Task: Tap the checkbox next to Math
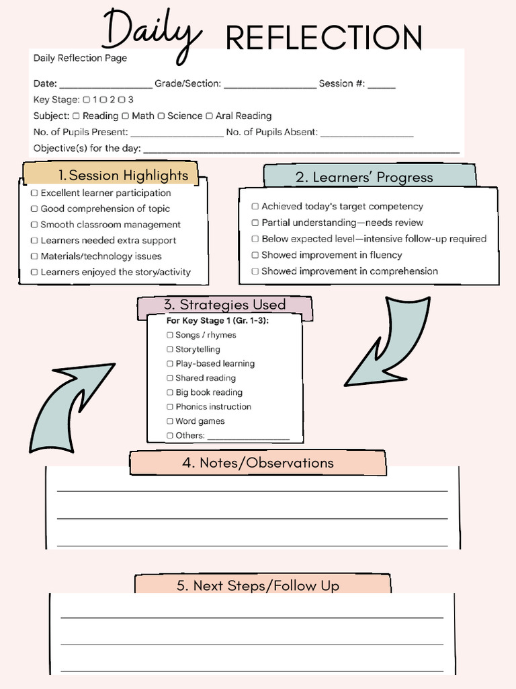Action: [x=125, y=116]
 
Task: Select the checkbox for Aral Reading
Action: [x=209, y=116]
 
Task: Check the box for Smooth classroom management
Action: [x=34, y=225]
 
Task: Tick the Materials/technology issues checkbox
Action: [x=34, y=256]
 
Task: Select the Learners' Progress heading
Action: [x=363, y=177]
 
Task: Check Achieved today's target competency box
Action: [x=255, y=207]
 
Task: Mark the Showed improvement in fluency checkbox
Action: [x=255, y=255]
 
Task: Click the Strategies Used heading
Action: [x=224, y=305]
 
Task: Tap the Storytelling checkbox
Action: [x=170, y=349]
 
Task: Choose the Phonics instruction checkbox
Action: [x=170, y=407]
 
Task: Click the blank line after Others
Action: [x=248, y=437]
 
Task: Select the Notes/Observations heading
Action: [x=257, y=463]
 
